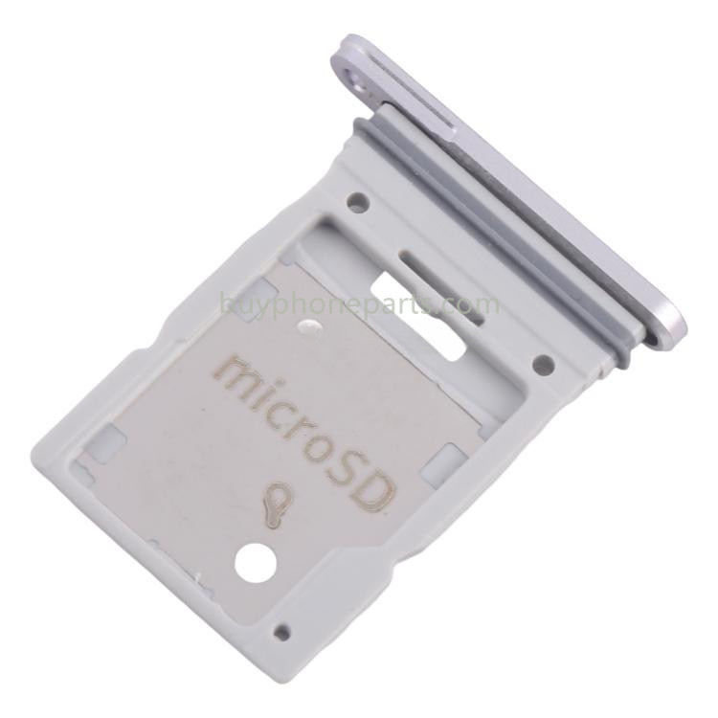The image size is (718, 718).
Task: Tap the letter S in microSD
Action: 348,470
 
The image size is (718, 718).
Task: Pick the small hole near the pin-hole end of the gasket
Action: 358,200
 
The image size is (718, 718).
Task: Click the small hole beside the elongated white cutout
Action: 544,362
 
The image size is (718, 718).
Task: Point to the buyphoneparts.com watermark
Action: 359,303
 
